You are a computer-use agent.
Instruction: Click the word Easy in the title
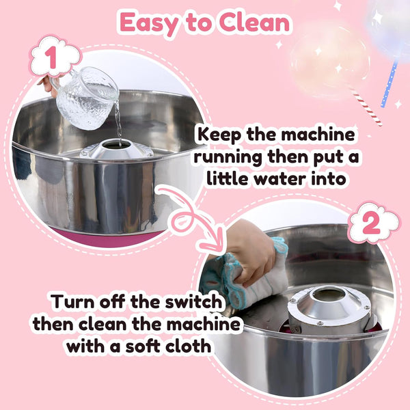point(148,23)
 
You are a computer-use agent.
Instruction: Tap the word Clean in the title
point(255,23)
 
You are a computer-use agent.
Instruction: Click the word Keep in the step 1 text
point(225,135)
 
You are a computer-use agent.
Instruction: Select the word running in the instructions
point(225,158)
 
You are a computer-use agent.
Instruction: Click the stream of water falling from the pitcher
point(118,126)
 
